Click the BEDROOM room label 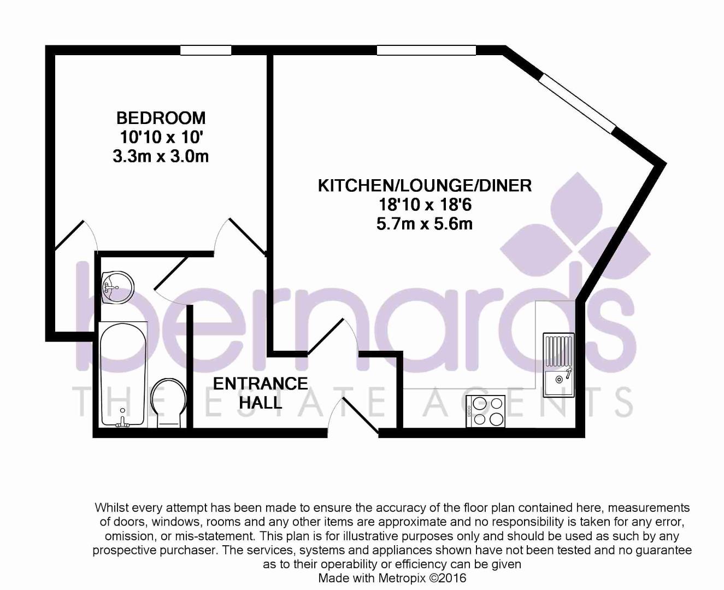pos(161,118)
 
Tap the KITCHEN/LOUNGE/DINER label pos(425,186)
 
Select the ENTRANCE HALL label pos(260,393)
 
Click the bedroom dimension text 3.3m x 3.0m pos(161,157)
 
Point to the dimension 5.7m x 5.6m pos(425,224)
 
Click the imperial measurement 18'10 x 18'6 pos(425,205)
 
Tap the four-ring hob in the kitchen pos(485,411)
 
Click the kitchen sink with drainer pos(558,364)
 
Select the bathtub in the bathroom pos(123,374)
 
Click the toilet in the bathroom pos(169,403)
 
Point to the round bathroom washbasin pos(117,287)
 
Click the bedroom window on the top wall pos(205,50)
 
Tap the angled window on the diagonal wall pos(577,102)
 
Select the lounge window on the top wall pos(426,50)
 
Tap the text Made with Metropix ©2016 pos(392,578)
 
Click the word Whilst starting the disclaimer pos(111,508)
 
